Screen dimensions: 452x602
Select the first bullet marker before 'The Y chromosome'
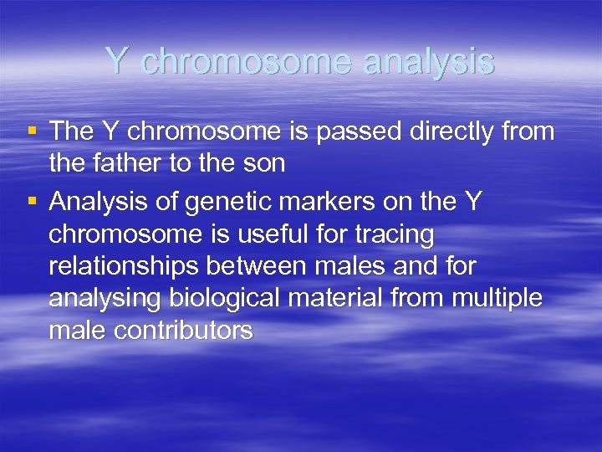click(32, 131)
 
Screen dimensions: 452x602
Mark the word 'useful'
click(265, 234)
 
